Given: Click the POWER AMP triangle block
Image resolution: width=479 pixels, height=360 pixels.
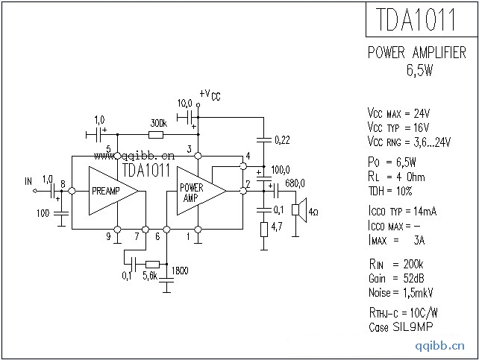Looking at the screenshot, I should coord(196,191).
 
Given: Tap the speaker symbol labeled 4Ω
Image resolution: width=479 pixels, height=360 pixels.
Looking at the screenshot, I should coord(296,210).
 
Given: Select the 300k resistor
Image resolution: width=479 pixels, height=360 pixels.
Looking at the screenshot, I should coord(156,135).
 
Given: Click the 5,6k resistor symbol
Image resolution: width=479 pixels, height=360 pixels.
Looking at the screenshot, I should coord(152,263).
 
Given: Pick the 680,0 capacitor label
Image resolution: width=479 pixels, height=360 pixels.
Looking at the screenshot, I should coord(294,183).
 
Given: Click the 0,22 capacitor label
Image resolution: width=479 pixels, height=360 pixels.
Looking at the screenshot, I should coord(283,139).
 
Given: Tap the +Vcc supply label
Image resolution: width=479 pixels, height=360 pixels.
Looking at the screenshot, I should coord(209,95).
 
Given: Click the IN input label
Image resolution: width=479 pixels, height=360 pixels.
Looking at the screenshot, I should coord(28,180).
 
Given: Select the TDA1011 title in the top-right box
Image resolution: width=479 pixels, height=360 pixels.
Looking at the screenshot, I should coord(420,19).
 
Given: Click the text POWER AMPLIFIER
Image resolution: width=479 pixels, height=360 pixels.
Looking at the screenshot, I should coord(417,53).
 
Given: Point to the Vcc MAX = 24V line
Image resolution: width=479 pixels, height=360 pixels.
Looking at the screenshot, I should coord(398,113).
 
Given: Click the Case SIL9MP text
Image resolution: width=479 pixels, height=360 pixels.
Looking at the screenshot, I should coord(400,327).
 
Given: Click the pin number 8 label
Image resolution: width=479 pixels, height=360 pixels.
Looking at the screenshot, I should coord(63,184).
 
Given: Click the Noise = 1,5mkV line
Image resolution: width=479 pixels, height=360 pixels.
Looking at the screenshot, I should coord(401,292).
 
